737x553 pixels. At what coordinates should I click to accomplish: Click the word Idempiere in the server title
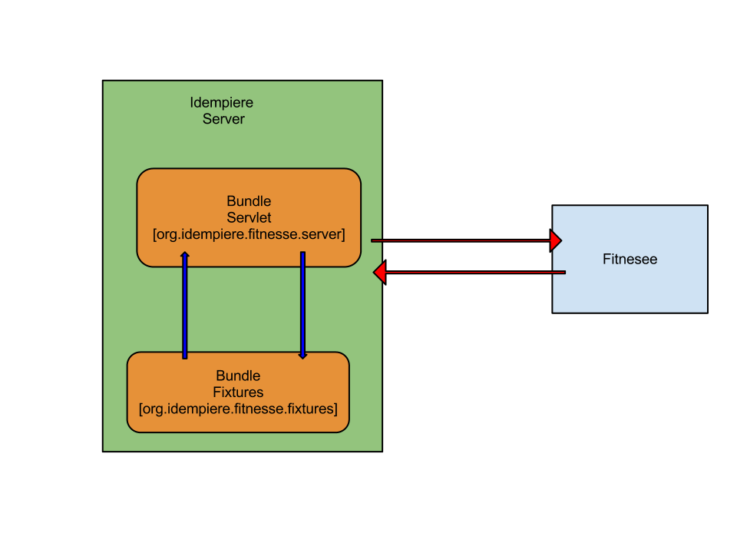tap(221, 102)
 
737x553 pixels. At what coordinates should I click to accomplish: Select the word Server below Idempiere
tap(223, 119)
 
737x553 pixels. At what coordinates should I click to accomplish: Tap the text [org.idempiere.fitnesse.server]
tap(249, 234)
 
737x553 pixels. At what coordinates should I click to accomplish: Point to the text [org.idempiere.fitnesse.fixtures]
tap(238, 409)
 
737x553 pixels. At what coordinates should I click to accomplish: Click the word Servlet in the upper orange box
tap(249, 218)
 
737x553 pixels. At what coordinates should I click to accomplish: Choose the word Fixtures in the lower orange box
tap(238, 392)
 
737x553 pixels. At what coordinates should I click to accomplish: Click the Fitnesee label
tap(630, 259)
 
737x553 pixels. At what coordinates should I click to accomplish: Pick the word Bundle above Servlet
tap(249, 201)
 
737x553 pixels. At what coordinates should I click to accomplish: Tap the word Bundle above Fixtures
tap(238, 376)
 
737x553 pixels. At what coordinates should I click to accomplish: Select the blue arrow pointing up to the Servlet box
tap(184, 307)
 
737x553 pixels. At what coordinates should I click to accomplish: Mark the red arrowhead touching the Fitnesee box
tap(557, 240)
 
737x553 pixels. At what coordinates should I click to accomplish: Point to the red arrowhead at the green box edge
tap(379, 273)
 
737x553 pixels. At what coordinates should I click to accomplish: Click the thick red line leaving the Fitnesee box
tap(476, 273)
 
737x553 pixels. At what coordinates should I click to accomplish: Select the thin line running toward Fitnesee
tap(461, 241)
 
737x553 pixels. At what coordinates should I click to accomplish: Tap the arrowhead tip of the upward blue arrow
tap(184, 253)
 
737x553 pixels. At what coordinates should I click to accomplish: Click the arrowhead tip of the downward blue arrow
tap(302, 357)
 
